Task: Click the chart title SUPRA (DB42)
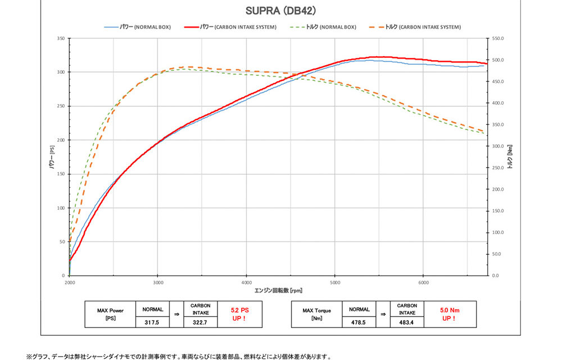pos(281,10)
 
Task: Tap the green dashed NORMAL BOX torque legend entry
pos(323,27)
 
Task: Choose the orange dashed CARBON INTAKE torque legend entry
pos(416,27)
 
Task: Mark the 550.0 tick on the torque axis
pos(498,38)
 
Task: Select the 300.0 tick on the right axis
pos(498,146)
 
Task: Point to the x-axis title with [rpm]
pos(278,290)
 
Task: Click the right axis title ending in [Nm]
pos(510,157)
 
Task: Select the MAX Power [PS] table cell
pos(110,314)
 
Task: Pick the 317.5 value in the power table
pos(152,322)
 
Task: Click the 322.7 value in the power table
pos(201,322)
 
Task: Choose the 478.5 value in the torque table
pos(359,322)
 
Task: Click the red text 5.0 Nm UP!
pos(450,314)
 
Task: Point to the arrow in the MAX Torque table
pos(383,314)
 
